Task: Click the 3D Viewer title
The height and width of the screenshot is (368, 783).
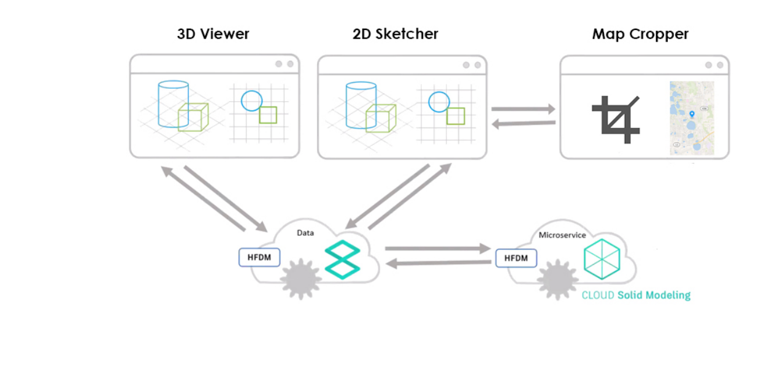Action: (213, 34)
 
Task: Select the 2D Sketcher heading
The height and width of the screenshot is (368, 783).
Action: (395, 34)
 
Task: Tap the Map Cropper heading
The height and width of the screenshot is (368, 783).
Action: (640, 34)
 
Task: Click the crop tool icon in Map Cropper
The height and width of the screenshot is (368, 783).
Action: (615, 119)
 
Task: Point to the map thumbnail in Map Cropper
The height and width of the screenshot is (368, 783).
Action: (692, 118)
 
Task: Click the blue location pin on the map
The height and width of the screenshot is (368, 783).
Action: (692, 114)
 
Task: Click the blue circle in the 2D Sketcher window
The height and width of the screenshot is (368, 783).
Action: (439, 101)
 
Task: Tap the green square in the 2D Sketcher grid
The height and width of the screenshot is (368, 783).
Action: (455, 116)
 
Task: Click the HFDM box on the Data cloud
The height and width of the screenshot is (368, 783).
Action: (259, 257)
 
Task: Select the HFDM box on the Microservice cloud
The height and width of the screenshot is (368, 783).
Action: (516, 258)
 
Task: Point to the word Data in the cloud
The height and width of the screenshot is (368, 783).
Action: (306, 233)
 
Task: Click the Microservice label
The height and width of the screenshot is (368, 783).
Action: (562, 235)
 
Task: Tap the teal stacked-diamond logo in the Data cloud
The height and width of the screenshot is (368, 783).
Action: (342, 260)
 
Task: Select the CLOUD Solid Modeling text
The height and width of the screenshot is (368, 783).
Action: (636, 295)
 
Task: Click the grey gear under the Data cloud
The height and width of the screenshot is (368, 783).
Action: (300, 279)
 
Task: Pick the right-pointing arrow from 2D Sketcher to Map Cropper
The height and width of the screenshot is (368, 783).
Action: (523, 109)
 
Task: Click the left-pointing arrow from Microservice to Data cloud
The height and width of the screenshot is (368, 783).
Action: (440, 263)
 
